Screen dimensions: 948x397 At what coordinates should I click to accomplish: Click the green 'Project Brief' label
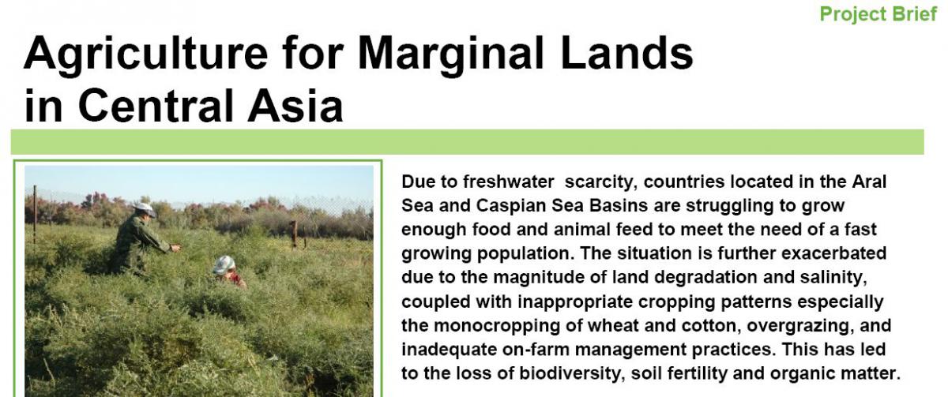coord(878,14)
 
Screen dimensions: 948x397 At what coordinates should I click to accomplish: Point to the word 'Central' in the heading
coord(156,105)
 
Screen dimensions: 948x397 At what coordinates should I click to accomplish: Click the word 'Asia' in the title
coord(295,105)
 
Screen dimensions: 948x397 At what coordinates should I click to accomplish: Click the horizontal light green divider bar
coord(467,142)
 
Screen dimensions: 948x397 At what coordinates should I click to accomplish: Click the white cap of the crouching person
coord(224,264)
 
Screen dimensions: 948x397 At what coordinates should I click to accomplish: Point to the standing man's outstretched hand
coord(175,248)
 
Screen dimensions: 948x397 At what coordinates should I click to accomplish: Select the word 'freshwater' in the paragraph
coord(508,182)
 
